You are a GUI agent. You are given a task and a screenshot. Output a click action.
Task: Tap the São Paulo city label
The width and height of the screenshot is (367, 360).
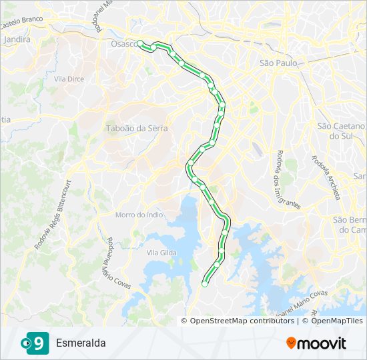pyautogui.click(x=277, y=63)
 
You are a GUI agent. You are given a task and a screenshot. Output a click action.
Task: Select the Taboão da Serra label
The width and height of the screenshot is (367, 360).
pyautogui.click(x=137, y=128)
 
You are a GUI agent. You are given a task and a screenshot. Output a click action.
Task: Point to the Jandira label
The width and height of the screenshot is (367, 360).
pyautogui.click(x=17, y=40)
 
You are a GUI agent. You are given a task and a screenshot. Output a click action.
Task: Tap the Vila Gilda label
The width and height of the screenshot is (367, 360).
pyautogui.click(x=161, y=253)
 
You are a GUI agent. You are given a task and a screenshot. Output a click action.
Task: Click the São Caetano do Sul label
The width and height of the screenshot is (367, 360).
pyautogui.click(x=342, y=131)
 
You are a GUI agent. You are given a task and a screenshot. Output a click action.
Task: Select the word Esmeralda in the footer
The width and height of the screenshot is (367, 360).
pyautogui.click(x=81, y=343)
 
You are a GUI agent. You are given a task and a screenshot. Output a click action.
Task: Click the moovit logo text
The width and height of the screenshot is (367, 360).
pyautogui.click(x=322, y=343)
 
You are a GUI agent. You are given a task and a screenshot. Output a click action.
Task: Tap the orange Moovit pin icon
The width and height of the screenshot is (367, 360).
pyautogui.click(x=291, y=343)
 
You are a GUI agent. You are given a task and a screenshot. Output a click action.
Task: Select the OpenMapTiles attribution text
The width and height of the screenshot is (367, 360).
pyautogui.click(x=333, y=321)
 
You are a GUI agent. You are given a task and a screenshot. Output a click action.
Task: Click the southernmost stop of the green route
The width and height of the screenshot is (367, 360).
pyautogui.click(x=204, y=284)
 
